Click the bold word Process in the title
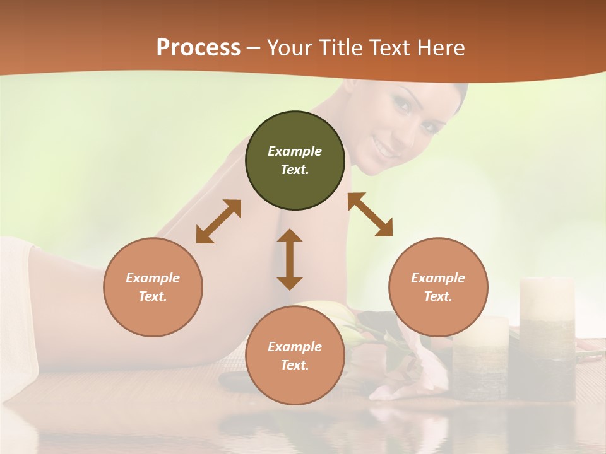[198, 48]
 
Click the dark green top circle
[295, 160]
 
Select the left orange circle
[153, 287]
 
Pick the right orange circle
[438, 287]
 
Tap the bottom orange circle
[295, 356]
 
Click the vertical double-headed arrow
[290, 259]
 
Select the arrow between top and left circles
[218, 221]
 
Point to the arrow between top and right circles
[371, 214]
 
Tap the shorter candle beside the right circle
[483, 356]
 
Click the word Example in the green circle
[295, 151]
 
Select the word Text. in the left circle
[153, 296]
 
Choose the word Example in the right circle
[438, 278]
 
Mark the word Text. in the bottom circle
[295, 365]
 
